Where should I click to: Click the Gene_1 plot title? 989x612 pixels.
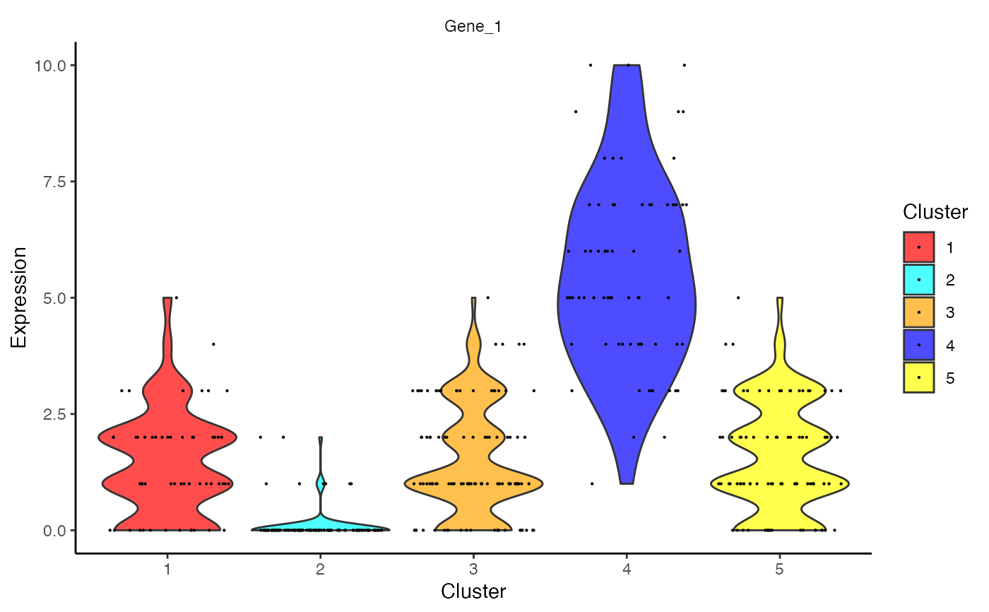pyautogui.click(x=473, y=26)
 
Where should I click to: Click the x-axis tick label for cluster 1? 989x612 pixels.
pyautogui.click(x=167, y=568)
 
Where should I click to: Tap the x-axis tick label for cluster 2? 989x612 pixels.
pyautogui.click(x=320, y=568)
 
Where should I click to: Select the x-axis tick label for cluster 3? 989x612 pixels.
pyautogui.click(x=473, y=568)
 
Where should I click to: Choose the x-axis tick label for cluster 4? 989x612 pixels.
pyautogui.click(x=627, y=568)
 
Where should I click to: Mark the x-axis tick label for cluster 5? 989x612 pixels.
pyautogui.click(x=780, y=568)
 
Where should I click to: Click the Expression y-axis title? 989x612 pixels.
pyautogui.click(x=19, y=297)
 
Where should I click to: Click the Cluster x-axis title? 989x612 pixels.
pyautogui.click(x=473, y=592)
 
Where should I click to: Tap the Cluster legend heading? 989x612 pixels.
pyautogui.click(x=935, y=212)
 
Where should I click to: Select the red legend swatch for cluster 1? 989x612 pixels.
pyautogui.click(x=918, y=247)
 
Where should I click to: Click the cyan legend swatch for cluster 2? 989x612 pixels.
pyautogui.click(x=918, y=280)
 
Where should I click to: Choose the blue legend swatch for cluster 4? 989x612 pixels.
pyautogui.click(x=918, y=345)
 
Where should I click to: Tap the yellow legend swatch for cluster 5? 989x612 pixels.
pyautogui.click(x=918, y=378)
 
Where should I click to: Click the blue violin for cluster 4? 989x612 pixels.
pyautogui.click(x=627, y=297)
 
